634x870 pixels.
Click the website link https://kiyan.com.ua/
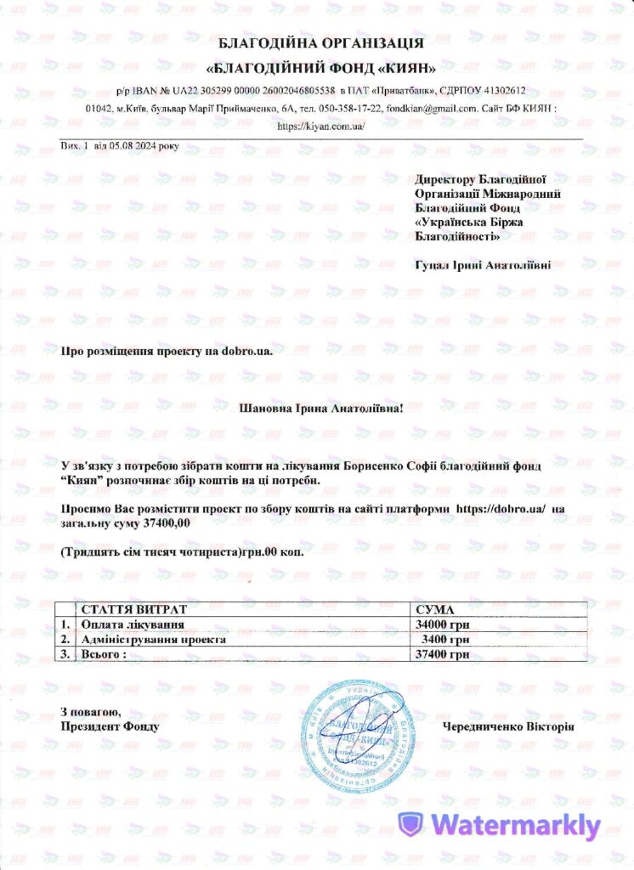321,127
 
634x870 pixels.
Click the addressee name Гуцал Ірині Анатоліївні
482,265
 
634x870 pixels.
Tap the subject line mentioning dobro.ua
167,352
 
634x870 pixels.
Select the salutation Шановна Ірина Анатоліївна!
322,408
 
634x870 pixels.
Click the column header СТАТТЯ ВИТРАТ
133,610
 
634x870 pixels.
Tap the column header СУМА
435,610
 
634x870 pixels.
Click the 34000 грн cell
443,624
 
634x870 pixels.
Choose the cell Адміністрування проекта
153,639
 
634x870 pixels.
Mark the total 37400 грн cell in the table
443,654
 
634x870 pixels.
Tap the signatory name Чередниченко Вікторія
508,727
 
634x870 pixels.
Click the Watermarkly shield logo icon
412,824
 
